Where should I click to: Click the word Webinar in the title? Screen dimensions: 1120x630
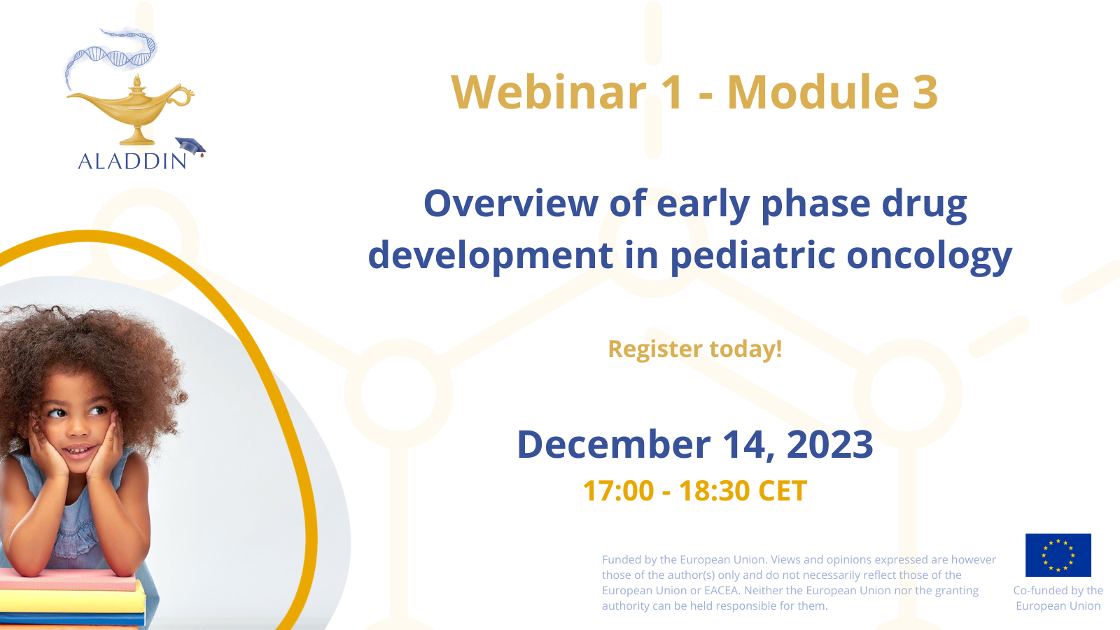[549, 92]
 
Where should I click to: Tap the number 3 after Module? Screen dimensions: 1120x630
[925, 92]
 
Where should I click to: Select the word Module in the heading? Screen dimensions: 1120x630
[813, 92]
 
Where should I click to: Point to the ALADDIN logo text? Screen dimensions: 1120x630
[132, 162]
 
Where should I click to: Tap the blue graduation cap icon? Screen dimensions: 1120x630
[190, 146]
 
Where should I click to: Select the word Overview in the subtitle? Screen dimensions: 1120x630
[510, 204]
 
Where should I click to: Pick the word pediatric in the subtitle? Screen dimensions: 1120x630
[752, 255]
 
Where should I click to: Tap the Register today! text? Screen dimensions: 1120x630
[695, 349]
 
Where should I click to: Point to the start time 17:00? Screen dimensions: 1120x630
[619, 491]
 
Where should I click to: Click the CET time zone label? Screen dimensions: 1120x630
[783, 491]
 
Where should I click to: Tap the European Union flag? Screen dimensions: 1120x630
[1058, 555]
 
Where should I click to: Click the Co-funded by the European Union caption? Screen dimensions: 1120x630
[1058, 598]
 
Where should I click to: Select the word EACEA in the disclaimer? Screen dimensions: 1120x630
[722, 591]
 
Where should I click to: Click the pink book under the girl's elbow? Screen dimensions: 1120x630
[67, 580]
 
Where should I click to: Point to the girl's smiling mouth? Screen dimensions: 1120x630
[80, 451]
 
